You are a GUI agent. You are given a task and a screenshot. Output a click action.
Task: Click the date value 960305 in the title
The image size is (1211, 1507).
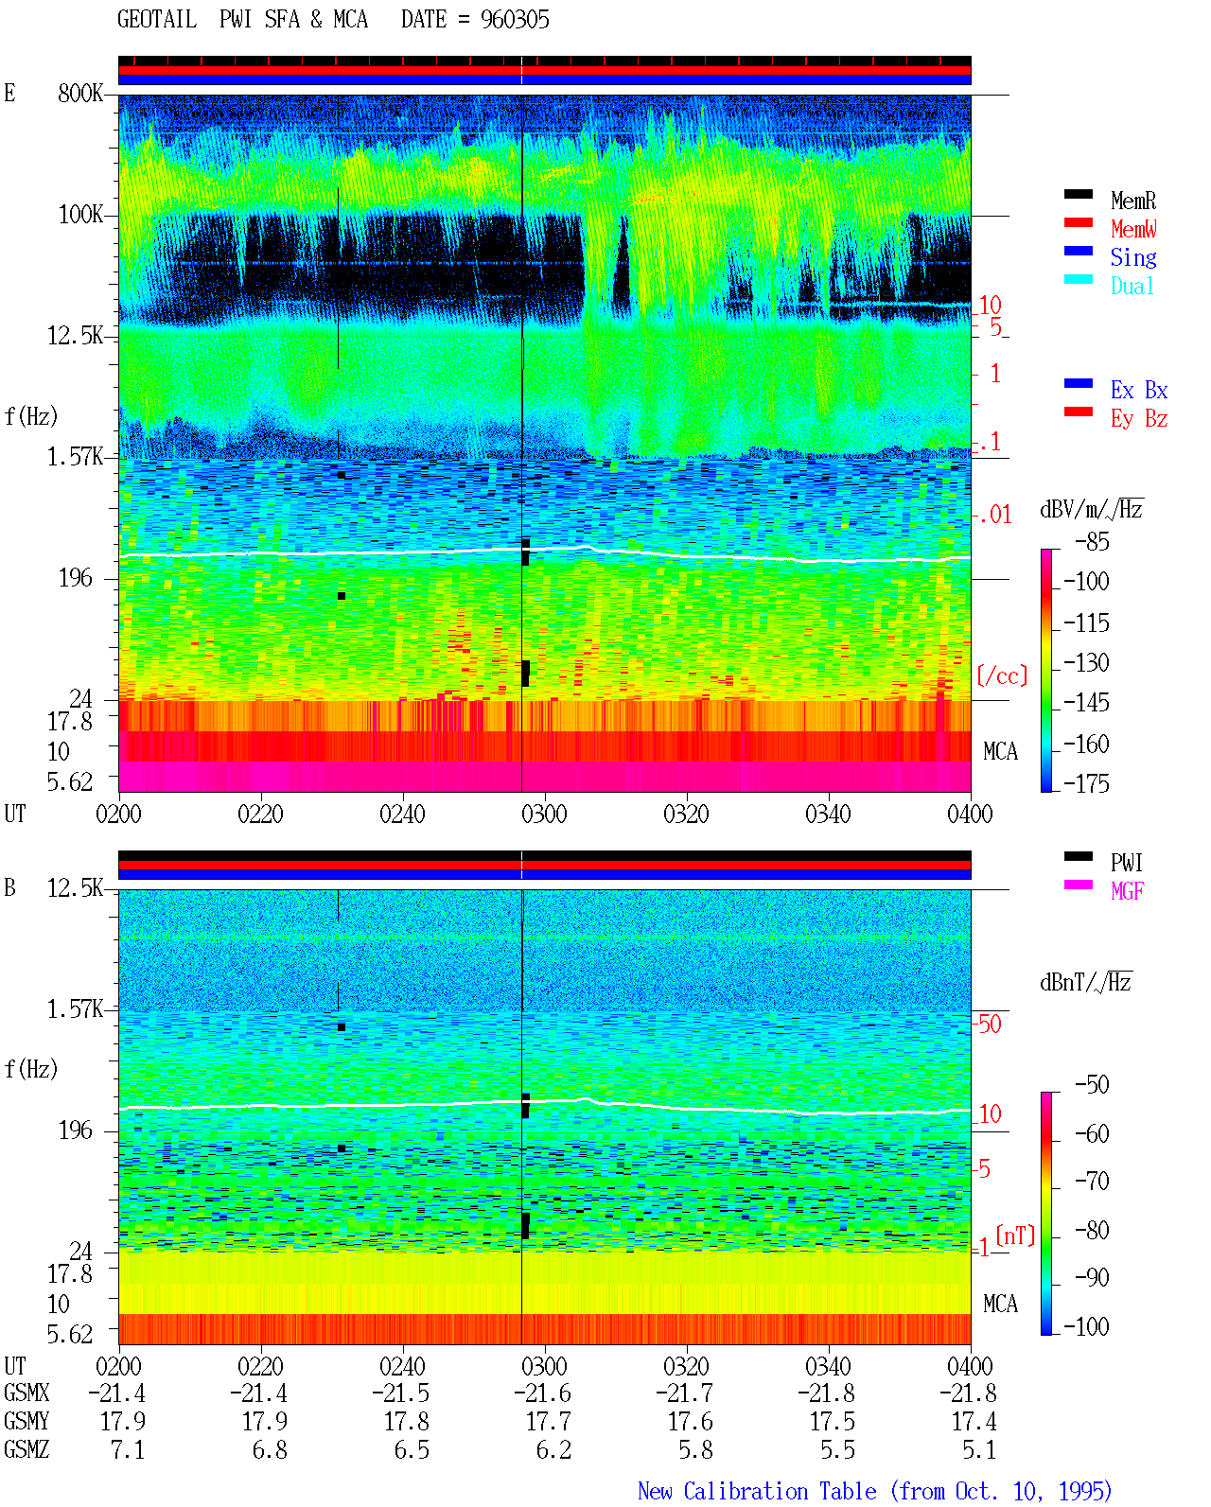point(515,20)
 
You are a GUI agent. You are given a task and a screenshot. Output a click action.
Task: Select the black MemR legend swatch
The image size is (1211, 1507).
point(1078,194)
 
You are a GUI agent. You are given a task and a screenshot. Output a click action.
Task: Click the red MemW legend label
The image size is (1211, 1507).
point(1133,228)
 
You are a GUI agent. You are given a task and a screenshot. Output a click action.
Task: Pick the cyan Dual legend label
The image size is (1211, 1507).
point(1132,286)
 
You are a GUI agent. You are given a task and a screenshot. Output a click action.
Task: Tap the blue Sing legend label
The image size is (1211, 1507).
point(1133,257)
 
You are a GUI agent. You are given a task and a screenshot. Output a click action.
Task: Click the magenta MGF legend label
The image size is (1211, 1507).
point(1127,891)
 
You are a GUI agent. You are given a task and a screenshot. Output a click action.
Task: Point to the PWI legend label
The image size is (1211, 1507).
point(1126,862)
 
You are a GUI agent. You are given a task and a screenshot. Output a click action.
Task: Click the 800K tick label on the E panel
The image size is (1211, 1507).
point(79,93)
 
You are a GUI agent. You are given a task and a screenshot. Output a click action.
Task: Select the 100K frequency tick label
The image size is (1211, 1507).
point(79,215)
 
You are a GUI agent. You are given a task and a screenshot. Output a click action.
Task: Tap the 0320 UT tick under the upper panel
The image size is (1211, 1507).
point(686,814)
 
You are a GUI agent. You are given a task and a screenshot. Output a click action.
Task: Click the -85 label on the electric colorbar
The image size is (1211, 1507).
point(1092,541)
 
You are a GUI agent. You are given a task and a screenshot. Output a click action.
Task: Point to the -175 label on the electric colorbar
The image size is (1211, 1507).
point(1086,783)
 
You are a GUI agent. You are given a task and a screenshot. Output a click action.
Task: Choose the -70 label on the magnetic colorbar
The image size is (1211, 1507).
point(1092,1182)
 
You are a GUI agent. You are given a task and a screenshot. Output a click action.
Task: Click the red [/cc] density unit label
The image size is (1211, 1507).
point(1002,675)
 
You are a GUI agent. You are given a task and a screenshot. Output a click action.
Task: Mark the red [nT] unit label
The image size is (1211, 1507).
point(1015,1235)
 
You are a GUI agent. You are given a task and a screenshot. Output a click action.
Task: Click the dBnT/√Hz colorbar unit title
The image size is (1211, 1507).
point(1085,983)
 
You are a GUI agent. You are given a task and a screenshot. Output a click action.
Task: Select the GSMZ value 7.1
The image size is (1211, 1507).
point(128,1449)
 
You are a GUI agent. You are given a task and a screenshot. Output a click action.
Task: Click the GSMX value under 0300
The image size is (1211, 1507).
point(542,1393)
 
